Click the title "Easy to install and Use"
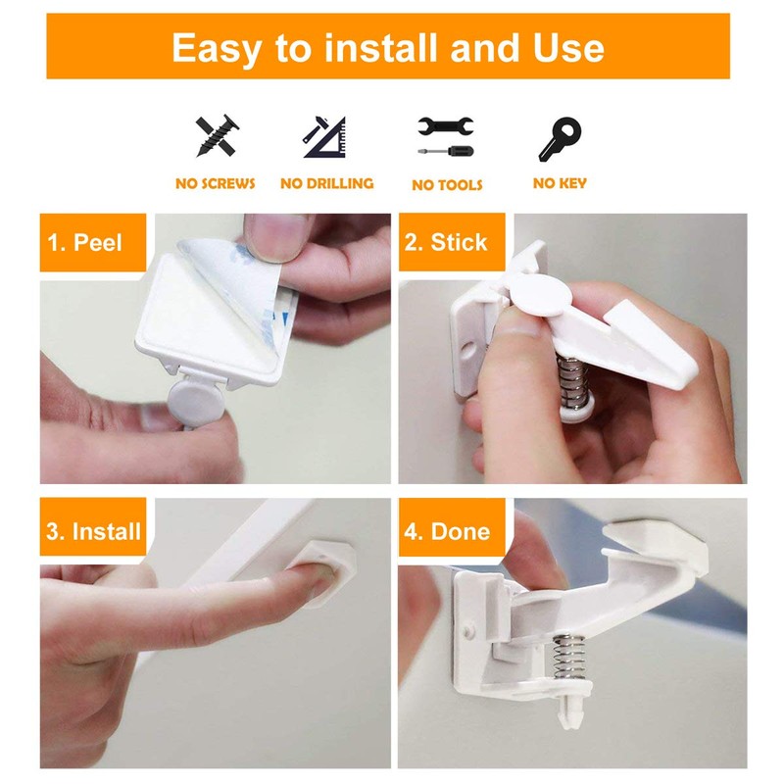[x=388, y=46]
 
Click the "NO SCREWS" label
[x=215, y=183]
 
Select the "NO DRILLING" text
[x=326, y=183]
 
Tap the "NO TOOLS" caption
[x=447, y=184]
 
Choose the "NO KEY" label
[x=559, y=183]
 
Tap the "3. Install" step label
[x=93, y=532]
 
